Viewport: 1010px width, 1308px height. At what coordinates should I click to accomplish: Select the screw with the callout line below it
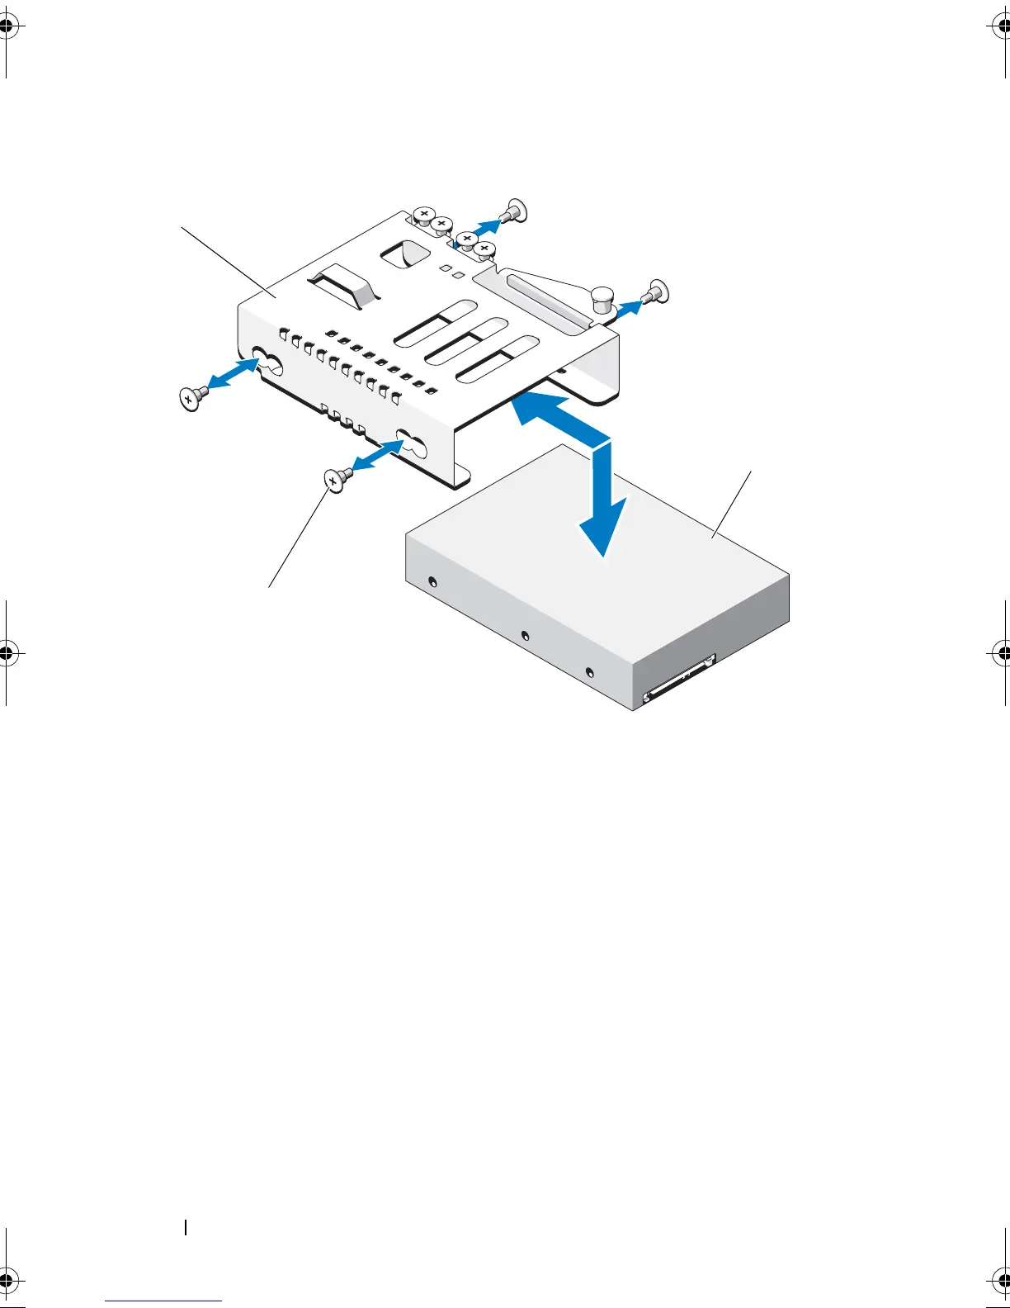coord(337,478)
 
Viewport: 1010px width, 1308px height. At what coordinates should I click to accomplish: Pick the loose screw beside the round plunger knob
coord(657,291)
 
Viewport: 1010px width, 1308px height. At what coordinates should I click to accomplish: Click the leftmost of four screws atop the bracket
coord(423,216)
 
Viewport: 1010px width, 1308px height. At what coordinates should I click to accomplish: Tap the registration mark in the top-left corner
coord(7,26)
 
